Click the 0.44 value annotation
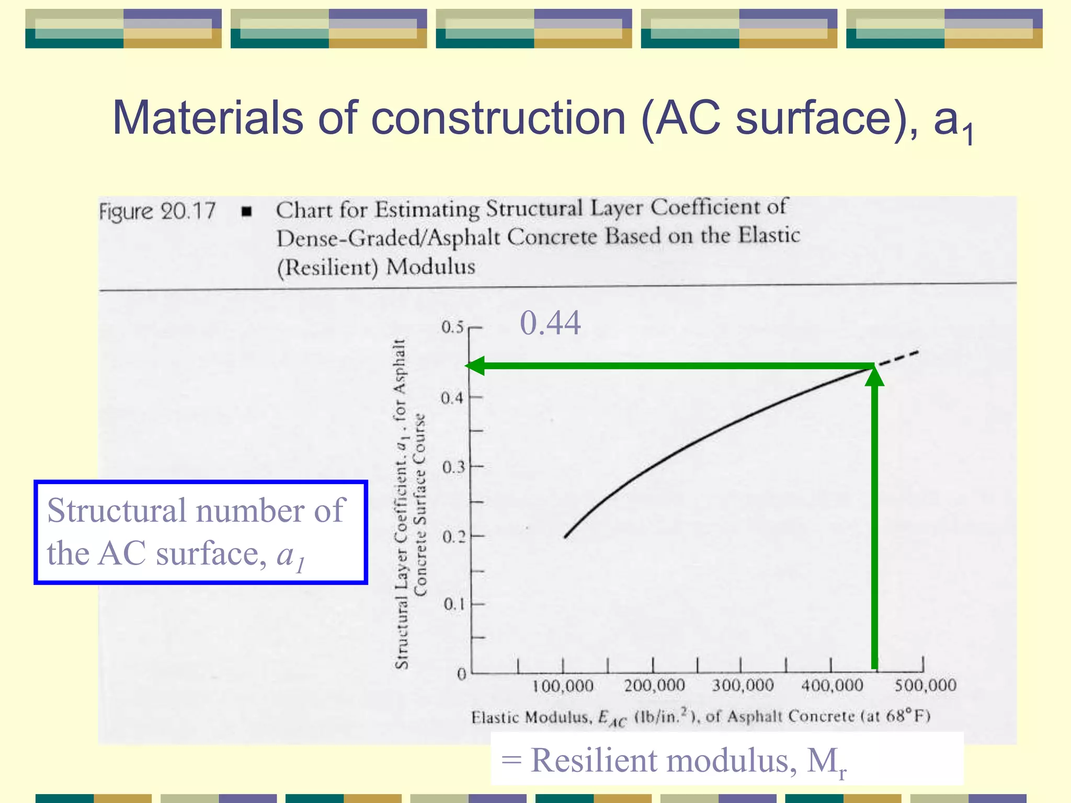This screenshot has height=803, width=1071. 550,323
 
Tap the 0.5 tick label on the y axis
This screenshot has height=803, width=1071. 452,327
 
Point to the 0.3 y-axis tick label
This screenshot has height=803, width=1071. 453,467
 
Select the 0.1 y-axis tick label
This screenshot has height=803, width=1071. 454,604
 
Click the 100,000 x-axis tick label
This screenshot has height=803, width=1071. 563,686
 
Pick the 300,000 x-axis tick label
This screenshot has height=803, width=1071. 743,685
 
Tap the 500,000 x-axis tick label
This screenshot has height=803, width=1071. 925,685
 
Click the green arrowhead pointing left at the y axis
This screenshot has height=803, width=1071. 475,365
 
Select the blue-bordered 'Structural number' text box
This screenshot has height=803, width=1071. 201,532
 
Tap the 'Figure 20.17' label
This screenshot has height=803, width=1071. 157,212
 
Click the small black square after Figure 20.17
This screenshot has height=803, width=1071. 247,212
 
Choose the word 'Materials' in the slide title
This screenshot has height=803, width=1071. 208,118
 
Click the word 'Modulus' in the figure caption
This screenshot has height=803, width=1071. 431,267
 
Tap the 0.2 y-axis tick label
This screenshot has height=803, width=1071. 453,536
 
